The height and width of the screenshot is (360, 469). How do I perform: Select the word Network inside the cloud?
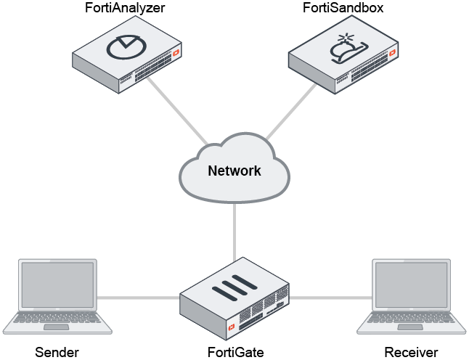click(234, 171)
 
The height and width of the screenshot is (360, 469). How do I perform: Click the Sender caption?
click(57, 353)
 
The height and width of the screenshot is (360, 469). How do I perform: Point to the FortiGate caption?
click(234, 353)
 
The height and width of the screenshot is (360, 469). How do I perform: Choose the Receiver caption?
click(411, 353)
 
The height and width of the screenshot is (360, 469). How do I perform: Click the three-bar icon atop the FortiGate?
click(232, 288)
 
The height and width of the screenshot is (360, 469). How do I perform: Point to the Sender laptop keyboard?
click(55, 320)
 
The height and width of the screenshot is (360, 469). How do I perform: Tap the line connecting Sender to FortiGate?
click(138, 298)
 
